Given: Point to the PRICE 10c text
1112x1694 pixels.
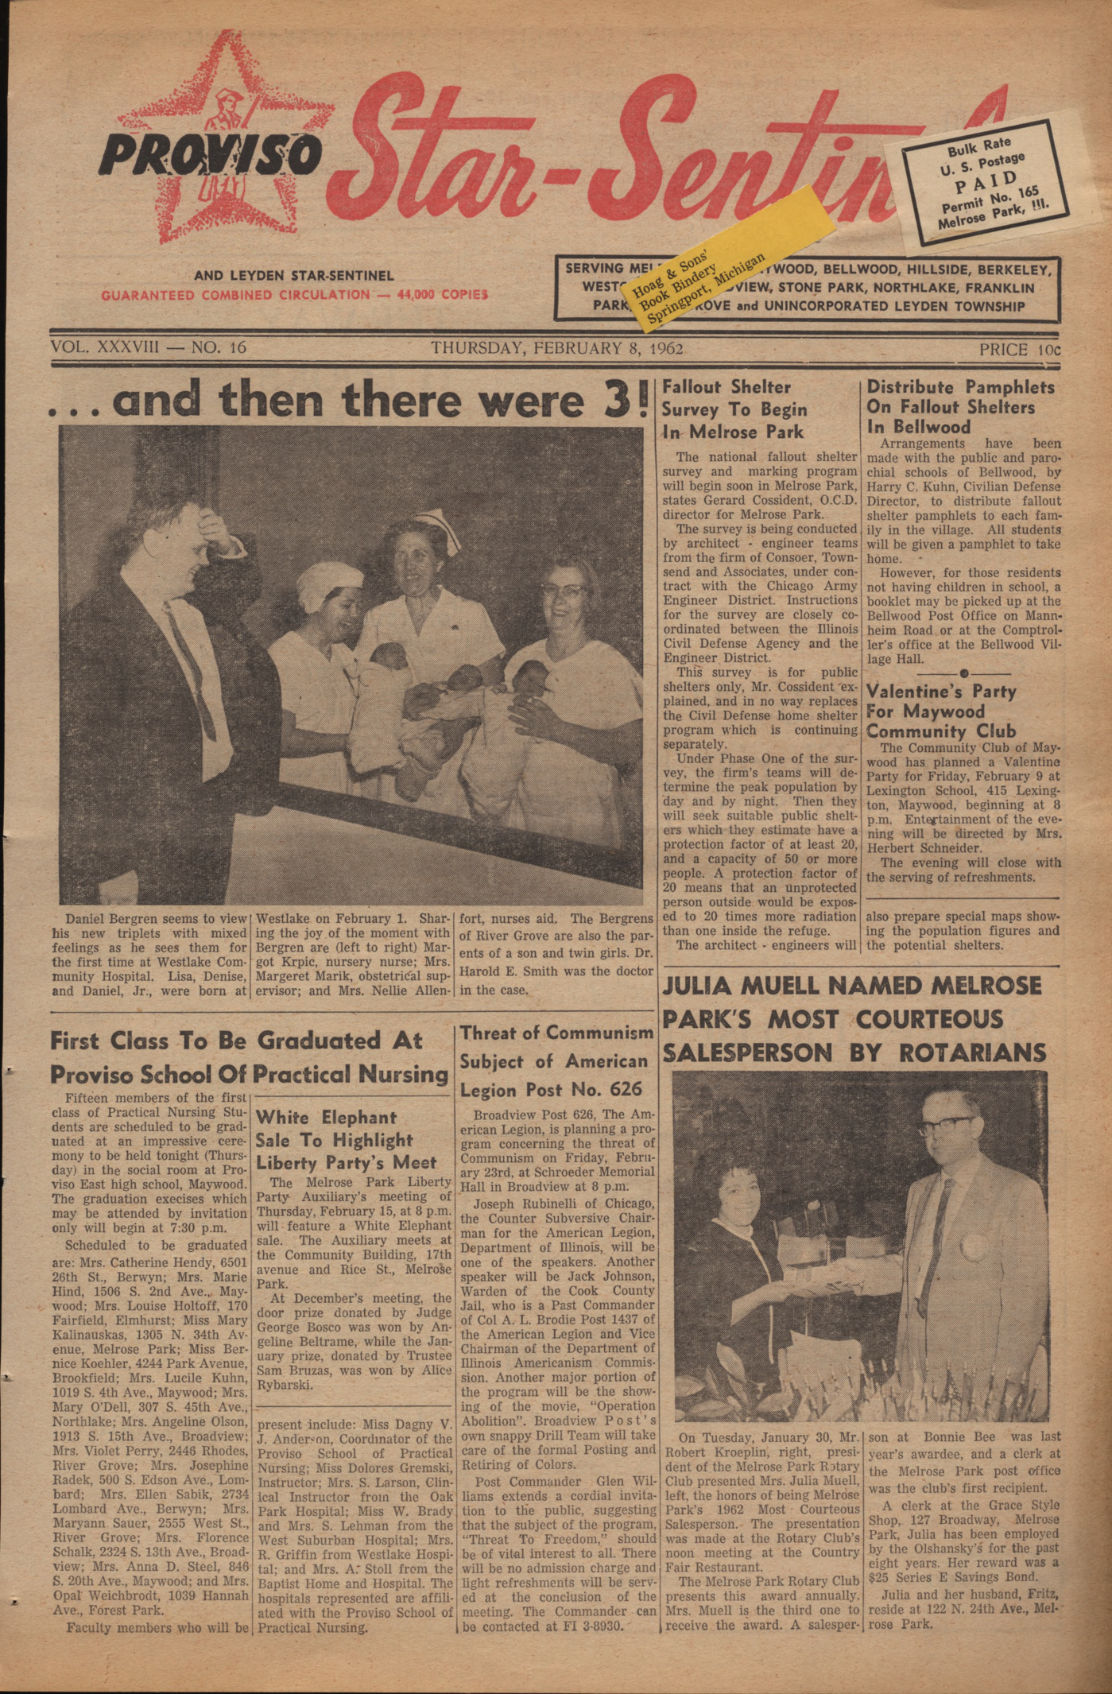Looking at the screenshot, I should [1019, 348].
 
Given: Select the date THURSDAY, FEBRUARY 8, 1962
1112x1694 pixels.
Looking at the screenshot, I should [556, 347].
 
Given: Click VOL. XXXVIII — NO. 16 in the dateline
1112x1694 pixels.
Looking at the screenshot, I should [149, 347].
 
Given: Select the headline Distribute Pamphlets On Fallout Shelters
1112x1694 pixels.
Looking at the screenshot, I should [960, 406].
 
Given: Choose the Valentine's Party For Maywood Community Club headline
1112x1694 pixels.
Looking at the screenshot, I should [941, 711].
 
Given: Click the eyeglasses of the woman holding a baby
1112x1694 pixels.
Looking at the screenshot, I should [566, 591].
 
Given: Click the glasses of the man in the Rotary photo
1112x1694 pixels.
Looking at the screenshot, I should [945, 1126].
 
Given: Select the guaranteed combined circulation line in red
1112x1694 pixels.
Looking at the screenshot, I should [294, 295].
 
